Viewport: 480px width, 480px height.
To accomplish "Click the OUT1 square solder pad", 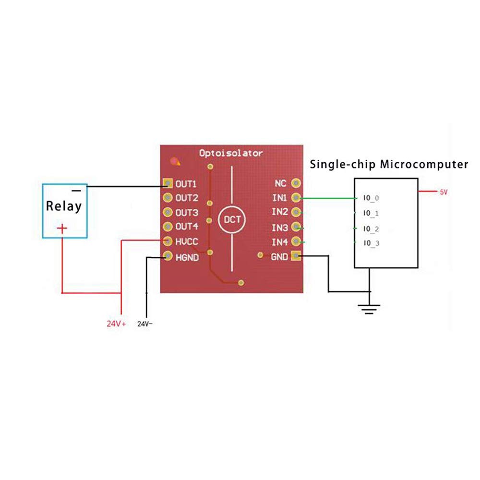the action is (168, 183).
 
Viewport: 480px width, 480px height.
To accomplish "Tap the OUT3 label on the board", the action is (187, 213).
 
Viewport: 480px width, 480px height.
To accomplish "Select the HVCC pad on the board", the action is (168, 241).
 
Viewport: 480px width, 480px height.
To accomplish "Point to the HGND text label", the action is (187, 257).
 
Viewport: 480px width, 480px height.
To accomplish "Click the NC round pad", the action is (296, 183).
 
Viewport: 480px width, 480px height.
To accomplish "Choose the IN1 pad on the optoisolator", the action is (296, 197).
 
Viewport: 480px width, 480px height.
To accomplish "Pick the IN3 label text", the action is (280, 228).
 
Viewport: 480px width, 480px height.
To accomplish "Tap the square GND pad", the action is (296, 256).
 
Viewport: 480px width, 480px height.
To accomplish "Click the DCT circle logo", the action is (232, 219).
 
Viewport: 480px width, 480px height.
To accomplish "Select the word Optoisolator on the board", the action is (231, 153).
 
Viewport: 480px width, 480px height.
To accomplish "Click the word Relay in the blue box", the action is (64, 206).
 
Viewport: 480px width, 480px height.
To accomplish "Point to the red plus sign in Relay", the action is (62, 228).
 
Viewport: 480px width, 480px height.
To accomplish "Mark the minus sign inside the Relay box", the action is (76, 191).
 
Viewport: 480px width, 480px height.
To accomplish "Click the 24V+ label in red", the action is (116, 324).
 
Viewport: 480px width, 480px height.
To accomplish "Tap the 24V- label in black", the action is (145, 324).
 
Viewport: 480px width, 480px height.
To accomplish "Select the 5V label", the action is (444, 192).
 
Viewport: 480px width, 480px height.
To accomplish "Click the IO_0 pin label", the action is (371, 198).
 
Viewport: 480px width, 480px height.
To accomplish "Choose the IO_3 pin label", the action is (372, 243).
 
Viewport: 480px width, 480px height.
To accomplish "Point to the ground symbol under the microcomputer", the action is (369, 309).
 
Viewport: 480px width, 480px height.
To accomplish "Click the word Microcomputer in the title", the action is (424, 164).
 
